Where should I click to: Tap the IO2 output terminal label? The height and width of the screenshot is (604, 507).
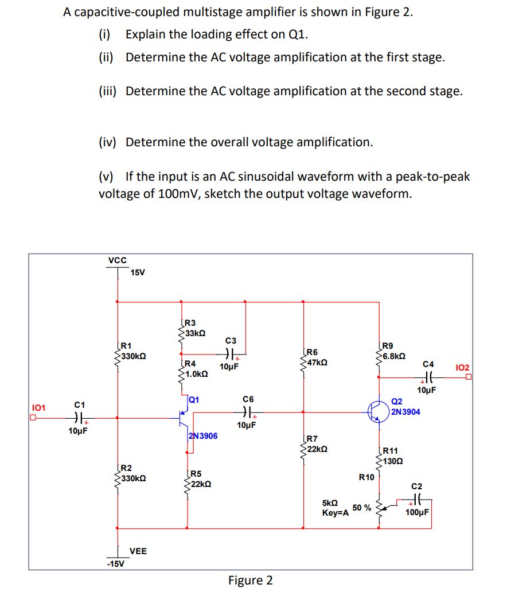[x=462, y=367]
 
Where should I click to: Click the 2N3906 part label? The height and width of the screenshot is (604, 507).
[x=203, y=436]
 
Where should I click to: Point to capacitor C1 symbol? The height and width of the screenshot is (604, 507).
[x=80, y=418]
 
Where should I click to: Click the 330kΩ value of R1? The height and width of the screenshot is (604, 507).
[x=133, y=356]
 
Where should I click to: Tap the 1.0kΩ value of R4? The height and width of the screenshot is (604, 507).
[x=196, y=373]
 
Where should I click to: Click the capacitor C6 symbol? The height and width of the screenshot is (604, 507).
[x=248, y=411]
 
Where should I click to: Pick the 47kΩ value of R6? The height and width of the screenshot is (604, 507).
[x=318, y=363]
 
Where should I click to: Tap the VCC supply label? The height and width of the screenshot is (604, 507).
[x=118, y=260]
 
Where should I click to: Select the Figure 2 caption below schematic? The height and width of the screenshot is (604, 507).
[x=251, y=580]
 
